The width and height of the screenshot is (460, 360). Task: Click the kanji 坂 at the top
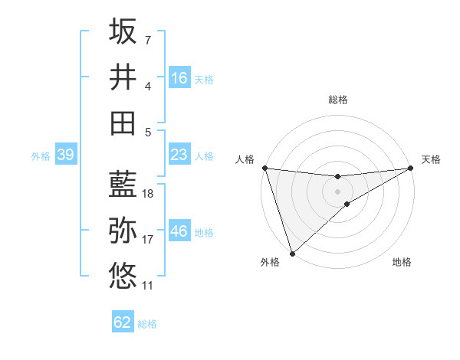click(x=123, y=31)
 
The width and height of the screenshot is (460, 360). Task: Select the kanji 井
click(x=123, y=77)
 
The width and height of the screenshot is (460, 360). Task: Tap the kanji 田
click(x=123, y=123)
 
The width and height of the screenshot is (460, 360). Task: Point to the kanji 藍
click(x=123, y=184)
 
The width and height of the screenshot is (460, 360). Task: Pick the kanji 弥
click(x=123, y=229)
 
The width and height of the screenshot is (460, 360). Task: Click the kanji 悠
click(x=123, y=275)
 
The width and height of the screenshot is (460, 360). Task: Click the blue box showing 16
click(x=179, y=78)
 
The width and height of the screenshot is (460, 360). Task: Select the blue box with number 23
click(x=179, y=155)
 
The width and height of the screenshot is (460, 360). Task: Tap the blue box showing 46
click(x=179, y=231)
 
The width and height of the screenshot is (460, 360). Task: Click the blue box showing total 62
click(x=123, y=322)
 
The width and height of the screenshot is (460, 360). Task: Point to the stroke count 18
click(x=148, y=194)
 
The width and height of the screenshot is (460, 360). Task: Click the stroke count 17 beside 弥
click(x=148, y=240)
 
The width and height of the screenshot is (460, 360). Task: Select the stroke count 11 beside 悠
click(x=148, y=286)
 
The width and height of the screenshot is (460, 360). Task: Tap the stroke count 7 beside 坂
click(x=148, y=40)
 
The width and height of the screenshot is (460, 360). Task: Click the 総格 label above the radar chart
click(x=337, y=100)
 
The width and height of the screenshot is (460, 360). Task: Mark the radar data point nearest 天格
click(x=411, y=169)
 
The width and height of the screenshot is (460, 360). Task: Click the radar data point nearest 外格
click(x=292, y=253)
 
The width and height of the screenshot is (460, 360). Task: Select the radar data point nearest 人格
click(x=264, y=167)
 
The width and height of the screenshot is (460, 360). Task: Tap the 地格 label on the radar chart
click(x=402, y=263)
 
